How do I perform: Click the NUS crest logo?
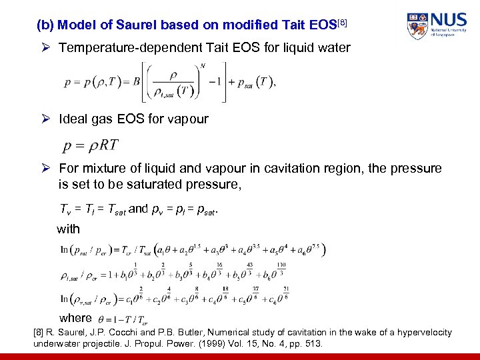pos(417,26)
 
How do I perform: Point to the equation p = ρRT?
pos(91,145)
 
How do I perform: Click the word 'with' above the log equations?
pos(69,229)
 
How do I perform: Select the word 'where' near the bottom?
pos(75,317)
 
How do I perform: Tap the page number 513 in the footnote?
pos(313,344)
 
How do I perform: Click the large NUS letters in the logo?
pos(448,19)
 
